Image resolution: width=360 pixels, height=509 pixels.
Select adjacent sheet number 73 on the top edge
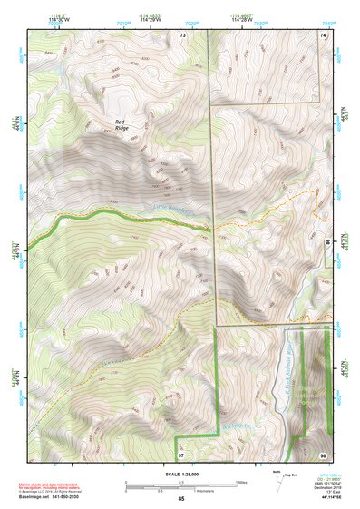click(182, 34)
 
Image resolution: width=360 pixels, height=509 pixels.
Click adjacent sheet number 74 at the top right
click(322, 34)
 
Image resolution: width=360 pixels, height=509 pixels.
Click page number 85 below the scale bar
click(181, 499)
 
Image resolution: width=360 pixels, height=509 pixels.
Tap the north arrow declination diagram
click(279, 477)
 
